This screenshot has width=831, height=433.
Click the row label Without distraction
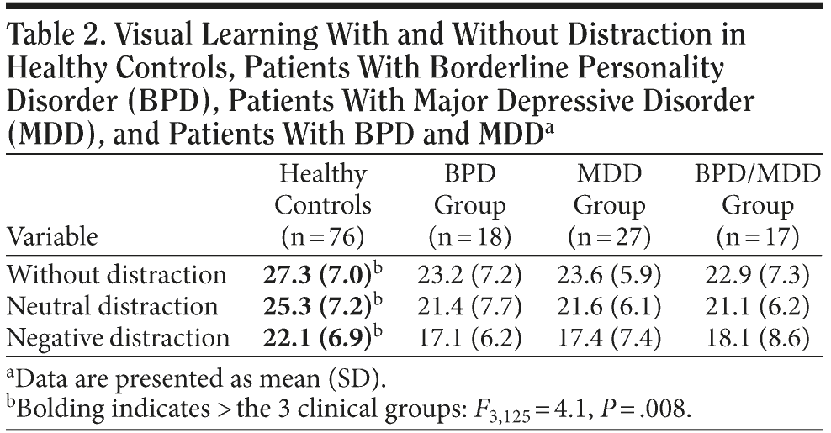[x=117, y=275]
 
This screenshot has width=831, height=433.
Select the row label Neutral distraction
[x=112, y=306]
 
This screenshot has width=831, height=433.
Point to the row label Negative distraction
[x=118, y=337]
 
